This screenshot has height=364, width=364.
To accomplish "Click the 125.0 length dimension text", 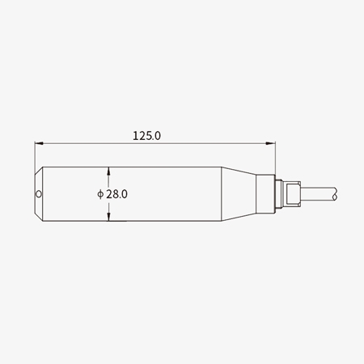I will click(146, 137).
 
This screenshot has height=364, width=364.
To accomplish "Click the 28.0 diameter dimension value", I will click(117, 194).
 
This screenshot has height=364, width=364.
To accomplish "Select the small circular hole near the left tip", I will click(40, 194).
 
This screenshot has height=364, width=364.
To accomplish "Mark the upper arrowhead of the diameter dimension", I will click(109, 171).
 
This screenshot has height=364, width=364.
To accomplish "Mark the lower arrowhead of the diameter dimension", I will click(109, 217).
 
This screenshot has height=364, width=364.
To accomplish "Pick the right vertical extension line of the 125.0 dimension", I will click(276, 158).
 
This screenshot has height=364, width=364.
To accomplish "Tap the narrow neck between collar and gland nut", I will click(279, 194).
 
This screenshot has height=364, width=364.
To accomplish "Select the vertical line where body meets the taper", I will click(222, 194).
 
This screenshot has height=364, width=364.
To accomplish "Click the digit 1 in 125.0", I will click(135, 137).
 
